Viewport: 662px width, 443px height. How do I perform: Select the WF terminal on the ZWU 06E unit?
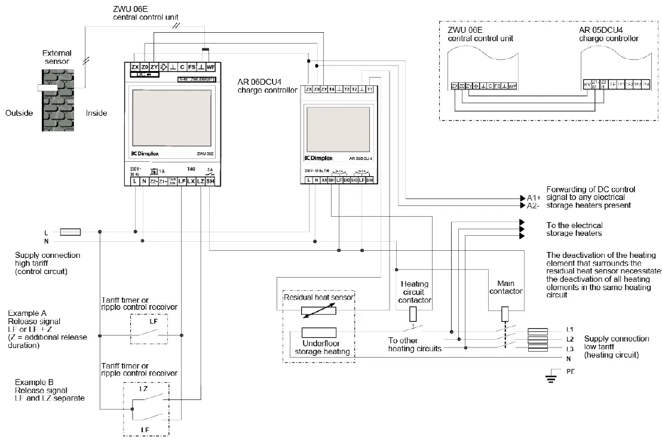click(210, 67)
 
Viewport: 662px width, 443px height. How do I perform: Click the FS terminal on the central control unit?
click(192, 67)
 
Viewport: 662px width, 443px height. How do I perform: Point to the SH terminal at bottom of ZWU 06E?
click(210, 180)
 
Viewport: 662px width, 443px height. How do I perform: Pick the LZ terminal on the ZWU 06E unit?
click(200, 180)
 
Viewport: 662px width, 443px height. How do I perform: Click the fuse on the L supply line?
click(71, 232)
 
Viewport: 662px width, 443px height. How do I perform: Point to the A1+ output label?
click(534, 198)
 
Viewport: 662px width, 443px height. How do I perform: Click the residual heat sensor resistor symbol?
click(318, 311)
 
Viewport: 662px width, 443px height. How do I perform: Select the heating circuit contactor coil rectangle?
click(413, 315)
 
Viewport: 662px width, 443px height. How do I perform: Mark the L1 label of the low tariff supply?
click(570, 330)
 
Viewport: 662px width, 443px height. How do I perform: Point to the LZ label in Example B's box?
click(143, 389)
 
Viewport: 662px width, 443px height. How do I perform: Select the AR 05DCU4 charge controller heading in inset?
click(608, 35)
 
